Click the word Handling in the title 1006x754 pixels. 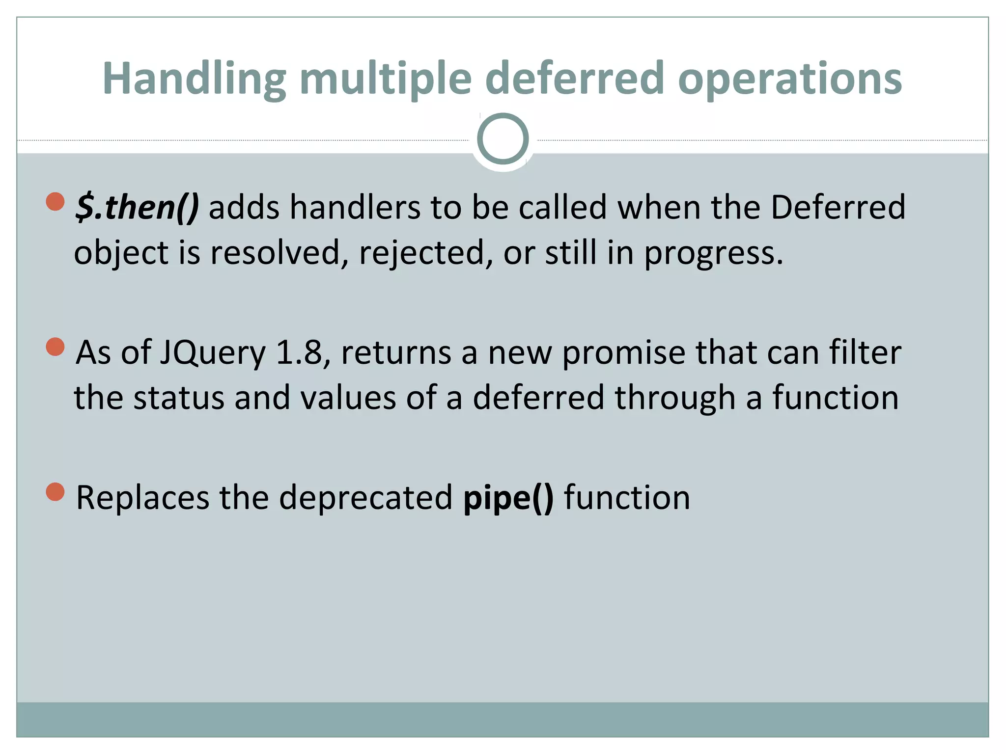tap(194, 79)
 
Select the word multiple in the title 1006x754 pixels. tap(386, 79)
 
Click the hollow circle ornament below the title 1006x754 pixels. tap(503, 139)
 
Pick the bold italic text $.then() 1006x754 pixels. tap(137, 207)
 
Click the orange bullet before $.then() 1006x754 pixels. tap(56, 201)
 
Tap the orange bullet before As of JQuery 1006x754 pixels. tap(56, 347)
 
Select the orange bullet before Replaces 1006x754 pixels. tap(56, 492)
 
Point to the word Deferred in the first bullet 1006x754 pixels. tap(838, 207)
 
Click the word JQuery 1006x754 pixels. tap(213, 353)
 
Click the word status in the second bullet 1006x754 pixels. tap(179, 397)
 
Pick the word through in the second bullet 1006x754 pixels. tap(675, 398)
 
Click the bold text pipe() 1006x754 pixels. tap(508, 498)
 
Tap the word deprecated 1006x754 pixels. tap(365, 498)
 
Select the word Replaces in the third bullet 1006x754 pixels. tap(142, 498)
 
